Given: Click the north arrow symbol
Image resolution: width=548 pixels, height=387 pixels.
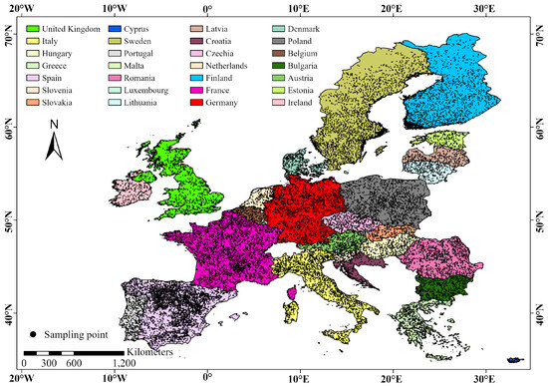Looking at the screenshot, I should coord(55,146).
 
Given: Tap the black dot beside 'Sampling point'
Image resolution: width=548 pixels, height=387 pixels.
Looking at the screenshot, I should coord(35,332).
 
